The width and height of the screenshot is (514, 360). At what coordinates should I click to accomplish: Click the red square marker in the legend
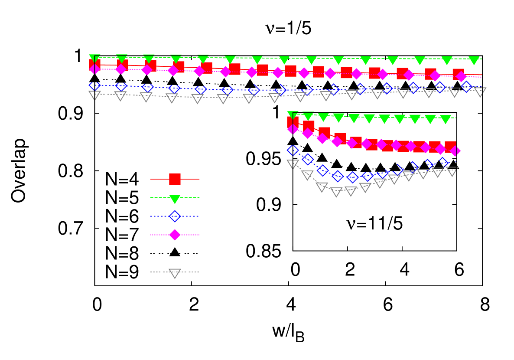point(175,179)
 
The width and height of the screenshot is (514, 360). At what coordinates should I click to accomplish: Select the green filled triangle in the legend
point(175,199)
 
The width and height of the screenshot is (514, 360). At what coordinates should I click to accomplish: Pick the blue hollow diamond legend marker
point(175,216)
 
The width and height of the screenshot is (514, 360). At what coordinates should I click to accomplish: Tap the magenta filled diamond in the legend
point(175,235)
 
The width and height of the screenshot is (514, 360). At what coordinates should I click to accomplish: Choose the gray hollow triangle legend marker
point(175,273)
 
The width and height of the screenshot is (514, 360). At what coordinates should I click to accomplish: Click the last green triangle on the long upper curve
point(474,60)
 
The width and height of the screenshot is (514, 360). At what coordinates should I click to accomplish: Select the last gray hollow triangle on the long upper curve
point(480,92)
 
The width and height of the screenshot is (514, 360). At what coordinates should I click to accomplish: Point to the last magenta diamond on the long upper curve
point(461,77)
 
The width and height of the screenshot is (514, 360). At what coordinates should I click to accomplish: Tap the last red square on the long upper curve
point(458,74)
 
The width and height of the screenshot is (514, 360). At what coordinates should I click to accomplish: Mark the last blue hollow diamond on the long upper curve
point(466,87)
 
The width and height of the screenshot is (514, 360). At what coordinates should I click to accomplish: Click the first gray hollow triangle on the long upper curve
point(94,95)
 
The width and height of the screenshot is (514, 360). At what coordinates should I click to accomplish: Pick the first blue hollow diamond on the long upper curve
point(94,85)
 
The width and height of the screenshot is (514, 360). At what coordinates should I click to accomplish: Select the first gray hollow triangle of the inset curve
point(293,164)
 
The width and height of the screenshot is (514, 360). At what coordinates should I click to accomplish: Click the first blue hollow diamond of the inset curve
point(293,150)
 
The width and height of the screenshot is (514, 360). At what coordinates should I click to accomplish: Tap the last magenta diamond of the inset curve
point(455,151)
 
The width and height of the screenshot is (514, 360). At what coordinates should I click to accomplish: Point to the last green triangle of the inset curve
point(445,119)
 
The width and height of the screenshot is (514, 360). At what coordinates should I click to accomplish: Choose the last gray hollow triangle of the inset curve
point(452,171)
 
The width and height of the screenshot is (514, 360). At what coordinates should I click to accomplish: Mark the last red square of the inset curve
point(450,147)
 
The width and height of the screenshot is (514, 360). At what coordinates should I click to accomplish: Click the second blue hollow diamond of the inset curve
point(308,159)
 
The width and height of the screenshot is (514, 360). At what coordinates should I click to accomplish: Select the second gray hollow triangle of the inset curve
point(307,175)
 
